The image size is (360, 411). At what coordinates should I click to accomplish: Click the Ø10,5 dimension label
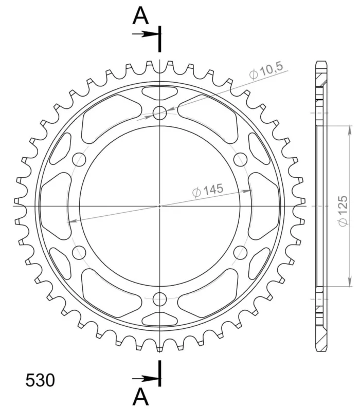(x=266, y=71)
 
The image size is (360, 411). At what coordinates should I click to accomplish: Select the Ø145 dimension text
(x=208, y=190)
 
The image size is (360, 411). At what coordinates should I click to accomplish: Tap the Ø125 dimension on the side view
(x=343, y=211)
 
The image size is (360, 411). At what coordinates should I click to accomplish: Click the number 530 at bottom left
(x=40, y=380)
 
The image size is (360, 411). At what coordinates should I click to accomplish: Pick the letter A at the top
(x=141, y=16)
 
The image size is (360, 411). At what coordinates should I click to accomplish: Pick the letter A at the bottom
(x=141, y=397)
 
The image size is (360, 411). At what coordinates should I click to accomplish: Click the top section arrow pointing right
(x=146, y=34)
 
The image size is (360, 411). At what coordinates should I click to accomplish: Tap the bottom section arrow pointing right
(x=146, y=379)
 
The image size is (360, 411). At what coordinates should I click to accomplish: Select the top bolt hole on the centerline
(x=160, y=113)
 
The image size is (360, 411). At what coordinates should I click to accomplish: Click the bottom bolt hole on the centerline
(x=160, y=299)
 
